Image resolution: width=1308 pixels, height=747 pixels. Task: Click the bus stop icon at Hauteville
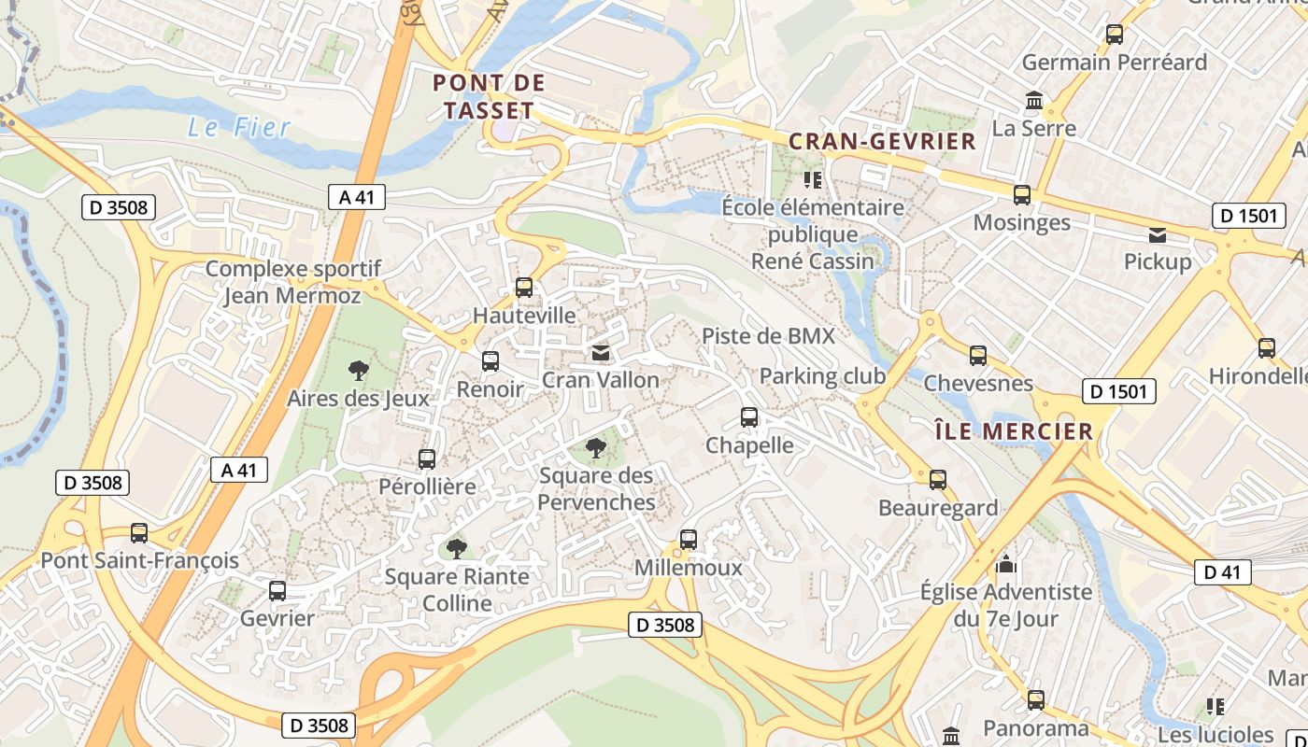[x=524, y=288]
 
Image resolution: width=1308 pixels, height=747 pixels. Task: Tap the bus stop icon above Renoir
[x=490, y=361]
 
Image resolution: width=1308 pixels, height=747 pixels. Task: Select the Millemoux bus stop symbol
[x=689, y=540]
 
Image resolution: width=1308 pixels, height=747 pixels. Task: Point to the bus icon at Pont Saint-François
[x=139, y=533]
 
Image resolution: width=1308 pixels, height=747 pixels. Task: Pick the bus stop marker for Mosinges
[x=1022, y=195]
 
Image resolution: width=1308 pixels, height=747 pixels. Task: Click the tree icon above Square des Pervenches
[x=595, y=448]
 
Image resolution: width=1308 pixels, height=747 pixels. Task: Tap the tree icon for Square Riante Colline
[x=456, y=548]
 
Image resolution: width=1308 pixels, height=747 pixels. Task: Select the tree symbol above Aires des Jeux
[x=358, y=371]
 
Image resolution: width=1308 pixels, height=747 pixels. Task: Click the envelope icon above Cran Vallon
[x=600, y=353]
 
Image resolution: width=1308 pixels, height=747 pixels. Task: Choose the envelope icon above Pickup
[x=1158, y=234]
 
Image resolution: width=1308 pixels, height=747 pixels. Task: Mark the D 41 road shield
[x=1222, y=572]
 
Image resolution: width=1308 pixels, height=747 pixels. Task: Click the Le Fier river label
[x=239, y=128]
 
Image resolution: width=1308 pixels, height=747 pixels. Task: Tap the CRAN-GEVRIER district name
[x=882, y=142]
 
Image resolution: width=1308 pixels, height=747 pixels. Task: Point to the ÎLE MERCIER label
[x=1014, y=431]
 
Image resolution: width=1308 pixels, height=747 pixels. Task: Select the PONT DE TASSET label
[x=489, y=96]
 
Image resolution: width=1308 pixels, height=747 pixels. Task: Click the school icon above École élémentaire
[x=812, y=179]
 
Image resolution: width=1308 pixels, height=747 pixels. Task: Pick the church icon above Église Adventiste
[x=1006, y=564]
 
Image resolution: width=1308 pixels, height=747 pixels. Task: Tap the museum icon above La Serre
[x=1034, y=100]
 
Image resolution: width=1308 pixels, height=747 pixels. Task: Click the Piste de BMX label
[x=768, y=336]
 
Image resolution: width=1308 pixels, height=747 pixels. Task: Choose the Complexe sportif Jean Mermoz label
[x=292, y=282]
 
